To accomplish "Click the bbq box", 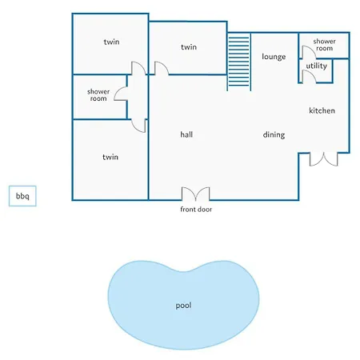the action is click(x=22, y=196).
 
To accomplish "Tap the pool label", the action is click(x=183, y=306).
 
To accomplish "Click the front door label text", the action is click(x=196, y=210).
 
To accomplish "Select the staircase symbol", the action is click(x=239, y=62).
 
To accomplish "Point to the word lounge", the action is click(x=274, y=57).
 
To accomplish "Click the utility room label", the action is click(x=316, y=66).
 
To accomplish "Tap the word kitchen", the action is click(x=322, y=110).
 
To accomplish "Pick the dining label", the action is click(x=274, y=135).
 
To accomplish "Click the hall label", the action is click(x=186, y=134).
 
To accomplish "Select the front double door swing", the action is click(x=195, y=194).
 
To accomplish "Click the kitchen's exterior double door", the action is click(x=323, y=159).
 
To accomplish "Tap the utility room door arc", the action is click(x=309, y=77).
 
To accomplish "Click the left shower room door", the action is click(x=121, y=94).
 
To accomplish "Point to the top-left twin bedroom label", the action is click(x=111, y=42).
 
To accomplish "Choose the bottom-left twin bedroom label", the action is click(x=110, y=157).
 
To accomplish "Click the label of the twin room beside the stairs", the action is click(x=189, y=47).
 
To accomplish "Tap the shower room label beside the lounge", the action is click(x=324, y=45).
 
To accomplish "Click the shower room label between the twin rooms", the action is click(x=98, y=95).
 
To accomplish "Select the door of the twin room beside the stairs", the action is click(x=162, y=68).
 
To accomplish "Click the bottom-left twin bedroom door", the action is click(x=138, y=126).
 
